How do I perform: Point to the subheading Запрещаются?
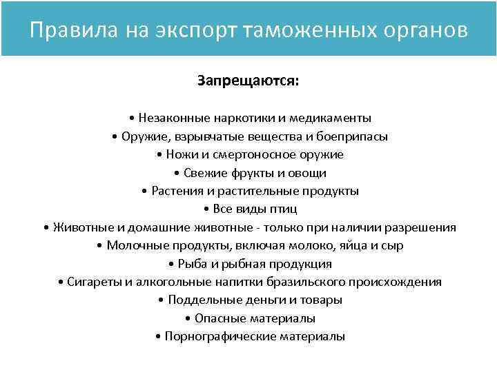pos(248,81)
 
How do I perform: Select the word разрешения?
pos(419,227)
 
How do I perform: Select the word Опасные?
pos(217,319)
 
